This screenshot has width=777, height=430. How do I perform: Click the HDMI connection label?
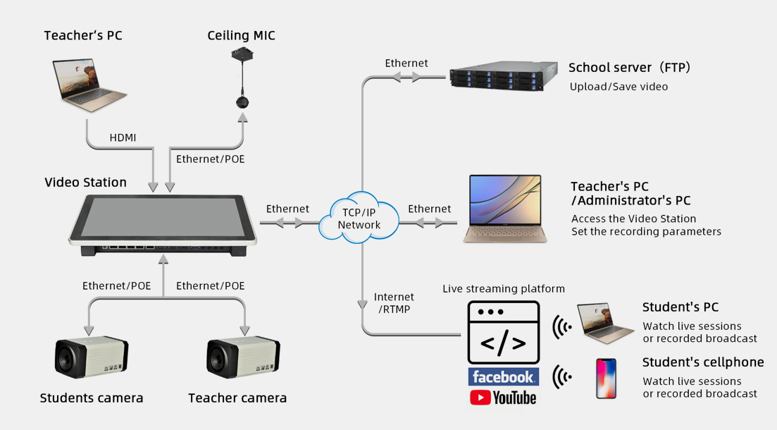click(x=123, y=138)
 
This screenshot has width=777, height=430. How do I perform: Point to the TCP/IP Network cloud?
click(x=359, y=218)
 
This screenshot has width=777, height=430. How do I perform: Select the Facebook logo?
click(x=503, y=376)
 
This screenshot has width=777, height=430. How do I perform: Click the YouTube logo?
click(x=503, y=398)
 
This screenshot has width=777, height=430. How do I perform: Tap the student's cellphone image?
click(x=606, y=379)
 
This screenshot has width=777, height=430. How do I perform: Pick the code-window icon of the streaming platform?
click(x=503, y=333)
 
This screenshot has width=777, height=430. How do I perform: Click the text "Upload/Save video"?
click(x=619, y=87)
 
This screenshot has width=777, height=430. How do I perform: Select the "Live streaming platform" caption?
click(x=504, y=289)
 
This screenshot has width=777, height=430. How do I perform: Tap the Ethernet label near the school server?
click(x=406, y=63)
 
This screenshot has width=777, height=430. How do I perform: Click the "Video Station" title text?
click(x=85, y=183)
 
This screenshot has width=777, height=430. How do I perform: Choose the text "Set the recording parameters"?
click(x=646, y=231)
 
